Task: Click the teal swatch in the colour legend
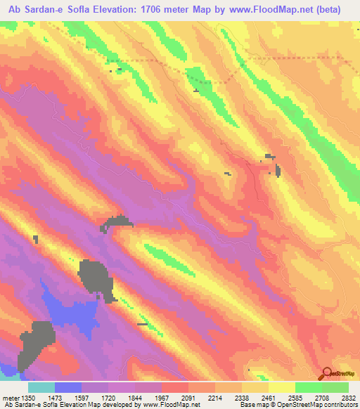click(x=41, y=387)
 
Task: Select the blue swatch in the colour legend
click(x=68, y=387)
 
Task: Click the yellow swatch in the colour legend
click(x=281, y=387)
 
